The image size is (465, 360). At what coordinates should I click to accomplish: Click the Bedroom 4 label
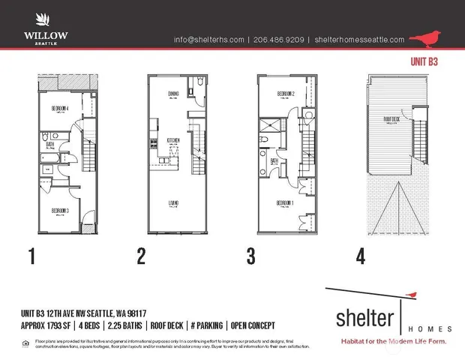click(52, 108)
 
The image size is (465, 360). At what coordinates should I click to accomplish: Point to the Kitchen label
click(172, 140)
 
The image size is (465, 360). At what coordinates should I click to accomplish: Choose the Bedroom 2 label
click(286, 94)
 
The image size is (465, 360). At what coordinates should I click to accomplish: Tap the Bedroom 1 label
click(283, 203)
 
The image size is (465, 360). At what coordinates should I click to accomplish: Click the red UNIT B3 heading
click(424, 62)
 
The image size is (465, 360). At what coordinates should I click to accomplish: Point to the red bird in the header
click(430, 38)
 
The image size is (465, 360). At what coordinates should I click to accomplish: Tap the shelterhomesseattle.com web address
click(360, 40)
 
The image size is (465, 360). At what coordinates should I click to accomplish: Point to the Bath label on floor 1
click(49, 145)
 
